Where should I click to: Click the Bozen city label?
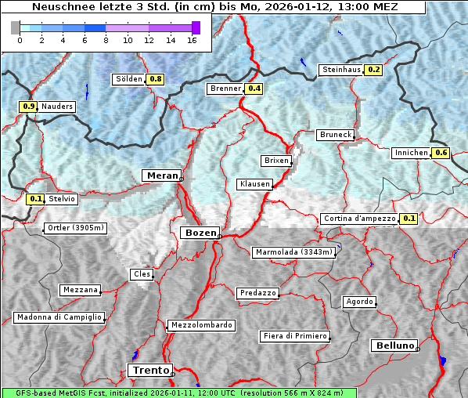point(200,233)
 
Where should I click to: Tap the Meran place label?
point(160,175)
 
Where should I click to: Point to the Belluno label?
point(394,345)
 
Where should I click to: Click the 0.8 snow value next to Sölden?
point(156,79)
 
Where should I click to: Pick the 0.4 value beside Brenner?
point(254,89)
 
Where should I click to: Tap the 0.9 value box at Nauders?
point(29,107)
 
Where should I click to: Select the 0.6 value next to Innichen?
point(441,153)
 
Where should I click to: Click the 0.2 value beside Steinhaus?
point(374,70)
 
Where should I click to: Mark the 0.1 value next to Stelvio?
point(35,199)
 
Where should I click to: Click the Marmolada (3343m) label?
point(294,252)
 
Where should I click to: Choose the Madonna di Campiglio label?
point(59,317)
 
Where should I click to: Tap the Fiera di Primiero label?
point(294,336)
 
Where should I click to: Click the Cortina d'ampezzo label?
point(358,219)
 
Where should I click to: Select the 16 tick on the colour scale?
point(192,40)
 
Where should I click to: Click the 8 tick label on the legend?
point(106,40)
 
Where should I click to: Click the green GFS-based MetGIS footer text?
point(178,393)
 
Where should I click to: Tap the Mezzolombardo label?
point(200,324)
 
